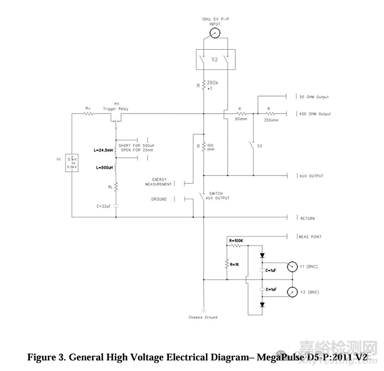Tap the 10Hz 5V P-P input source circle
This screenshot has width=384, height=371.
point(213,34)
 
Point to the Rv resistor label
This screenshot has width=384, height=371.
point(88,108)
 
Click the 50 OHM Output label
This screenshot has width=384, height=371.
point(314,97)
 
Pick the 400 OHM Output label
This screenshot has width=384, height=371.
point(315,114)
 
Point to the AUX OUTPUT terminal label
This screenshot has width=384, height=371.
point(311,176)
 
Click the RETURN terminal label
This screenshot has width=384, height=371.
point(308,219)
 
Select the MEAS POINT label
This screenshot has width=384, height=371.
point(310,237)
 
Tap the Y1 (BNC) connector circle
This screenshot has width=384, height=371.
point(292,267)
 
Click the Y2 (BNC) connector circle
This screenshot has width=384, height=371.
point(292,292)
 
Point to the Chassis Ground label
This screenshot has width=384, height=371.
point(203,317)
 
